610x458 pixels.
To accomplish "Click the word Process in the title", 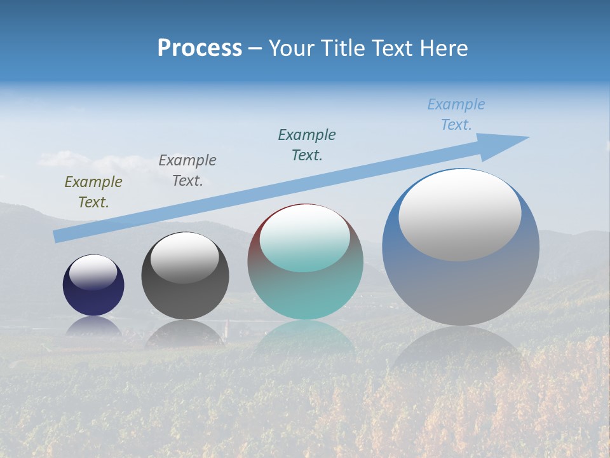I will pos(200,48).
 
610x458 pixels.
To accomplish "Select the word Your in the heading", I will pos(291,48).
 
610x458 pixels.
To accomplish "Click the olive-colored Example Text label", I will pos(93,191).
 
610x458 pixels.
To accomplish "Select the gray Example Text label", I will pos(187,170).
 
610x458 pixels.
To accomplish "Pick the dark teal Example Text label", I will pos(307,144).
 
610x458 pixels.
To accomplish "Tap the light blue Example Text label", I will pos(456,114).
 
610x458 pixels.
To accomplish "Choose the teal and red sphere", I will pos(306,293).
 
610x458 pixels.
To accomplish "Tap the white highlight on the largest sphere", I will pos(460,214).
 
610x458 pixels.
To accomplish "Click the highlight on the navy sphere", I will pos(93,272).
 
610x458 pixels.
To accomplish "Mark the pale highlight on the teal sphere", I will pos(305,238).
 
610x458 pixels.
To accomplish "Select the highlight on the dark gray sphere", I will pos(185,257).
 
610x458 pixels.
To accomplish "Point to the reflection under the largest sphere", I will pos(461,350).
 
